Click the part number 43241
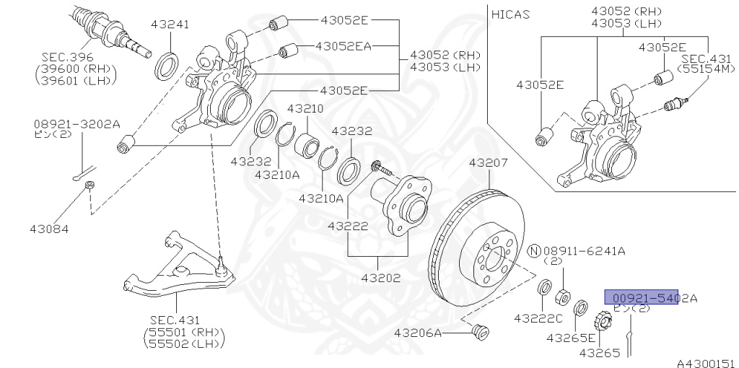coord(170,25)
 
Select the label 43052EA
coord(343,46)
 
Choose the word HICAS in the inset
coord(511,14)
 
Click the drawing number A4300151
coord(705,362)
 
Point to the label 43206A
coord(419,333)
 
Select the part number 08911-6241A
coord(584,250)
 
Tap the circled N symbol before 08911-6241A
coord(534,250)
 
